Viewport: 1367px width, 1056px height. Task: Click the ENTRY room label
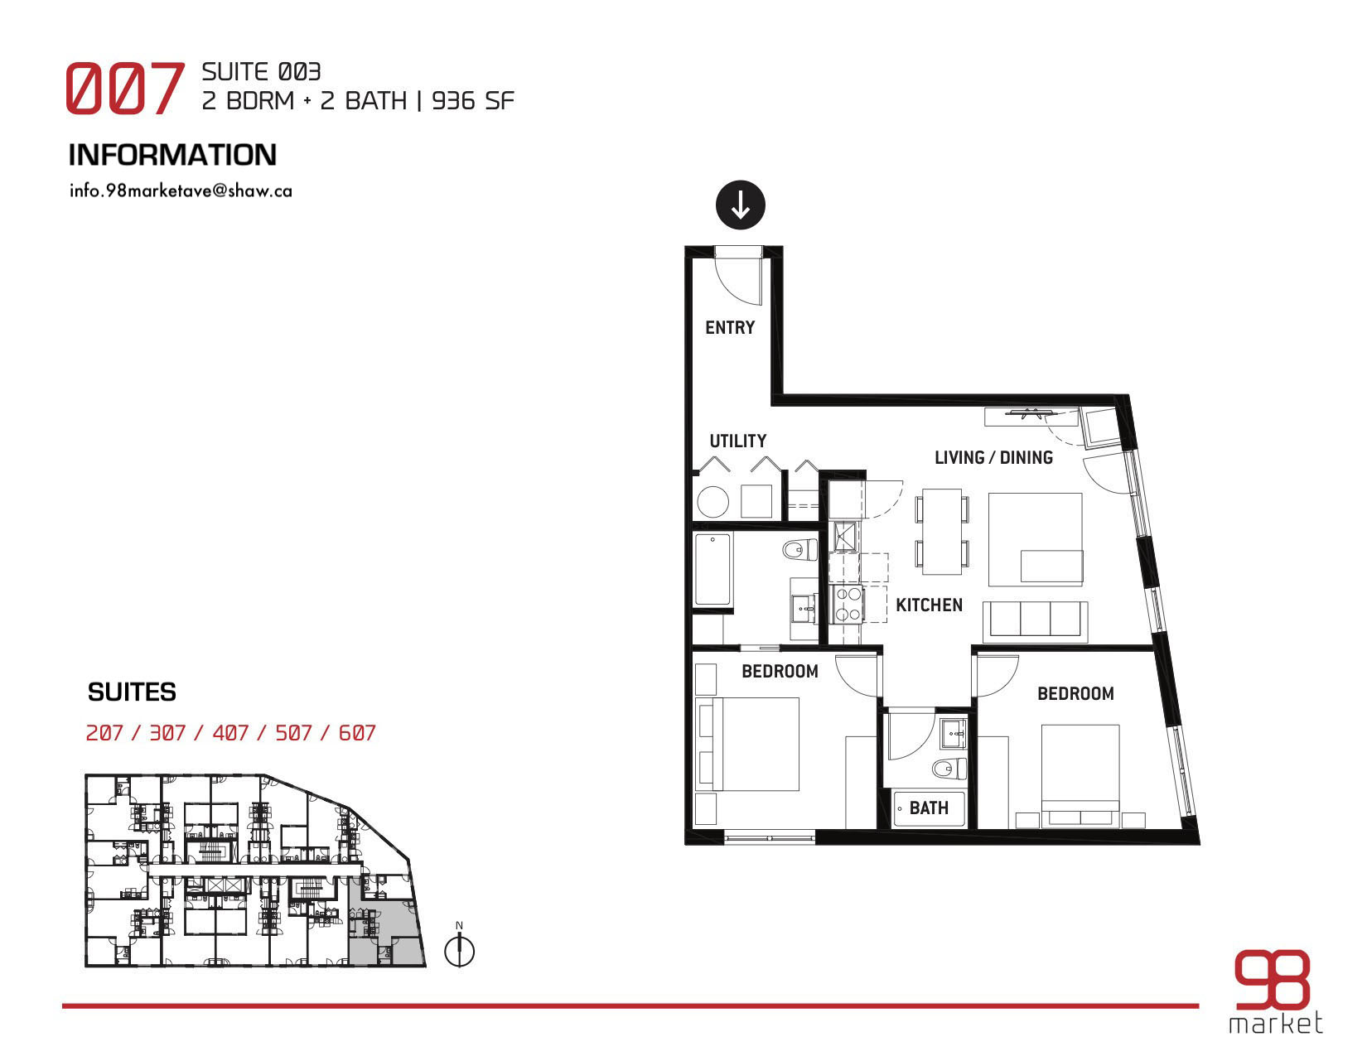pos(729,328)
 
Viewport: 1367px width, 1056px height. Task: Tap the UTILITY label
pos(737,441)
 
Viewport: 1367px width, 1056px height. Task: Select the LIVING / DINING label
pos(993,457)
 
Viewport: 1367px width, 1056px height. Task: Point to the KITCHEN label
pos(929,605)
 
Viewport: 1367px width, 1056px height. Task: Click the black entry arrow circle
pos(740,205)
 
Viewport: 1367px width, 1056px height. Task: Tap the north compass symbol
pos(459,951)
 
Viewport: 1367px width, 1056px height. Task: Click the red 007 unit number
pos(124,88)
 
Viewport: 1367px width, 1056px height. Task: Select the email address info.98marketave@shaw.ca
pos(181,190)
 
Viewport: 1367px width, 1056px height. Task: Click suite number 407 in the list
pos(230,733)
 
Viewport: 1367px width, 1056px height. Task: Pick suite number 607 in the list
pos(357,733)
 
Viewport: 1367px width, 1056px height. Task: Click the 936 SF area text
pos(472,101)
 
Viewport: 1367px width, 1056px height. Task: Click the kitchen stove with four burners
pos(848,604)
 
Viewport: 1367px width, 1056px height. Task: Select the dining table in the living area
pos(941,532)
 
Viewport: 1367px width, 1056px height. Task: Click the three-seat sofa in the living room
pos(1036,621)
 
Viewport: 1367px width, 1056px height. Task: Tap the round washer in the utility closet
pos(712,502)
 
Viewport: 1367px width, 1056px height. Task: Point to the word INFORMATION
pos(172,155)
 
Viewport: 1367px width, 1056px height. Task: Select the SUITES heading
pos(132,692)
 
